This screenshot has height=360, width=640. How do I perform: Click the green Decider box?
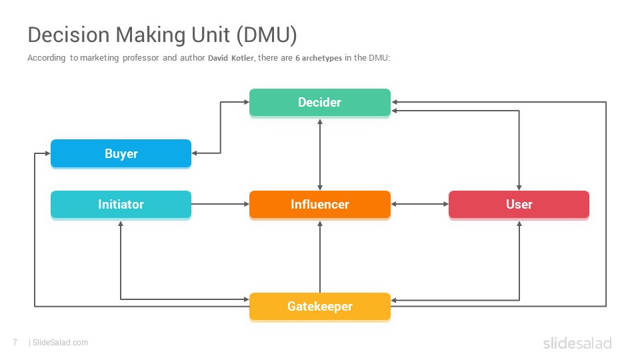[x=319, y=103]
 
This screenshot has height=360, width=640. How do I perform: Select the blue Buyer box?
[x=121, y=153]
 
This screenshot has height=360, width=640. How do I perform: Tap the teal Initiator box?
[x=121, y=205]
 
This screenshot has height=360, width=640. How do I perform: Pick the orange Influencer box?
[x=319, y=205]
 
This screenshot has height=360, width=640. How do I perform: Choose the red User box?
[x=519, y=205]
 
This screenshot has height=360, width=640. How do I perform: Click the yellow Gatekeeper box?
[x=319, y=307]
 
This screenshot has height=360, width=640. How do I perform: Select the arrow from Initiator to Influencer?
[x=221, y=204]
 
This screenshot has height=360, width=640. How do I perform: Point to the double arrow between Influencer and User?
[x=419, y=204]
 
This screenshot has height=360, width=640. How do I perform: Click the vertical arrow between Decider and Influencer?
[x=320, y=155]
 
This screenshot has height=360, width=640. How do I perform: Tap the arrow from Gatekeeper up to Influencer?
[x=320, y=257]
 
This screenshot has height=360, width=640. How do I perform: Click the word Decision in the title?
[x=69, y=35]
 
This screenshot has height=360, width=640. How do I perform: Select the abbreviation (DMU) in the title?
[x=267, y=35]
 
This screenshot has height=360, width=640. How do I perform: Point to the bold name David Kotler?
[x=231, y=58]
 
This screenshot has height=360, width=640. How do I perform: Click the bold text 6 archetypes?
[x=319, y=58]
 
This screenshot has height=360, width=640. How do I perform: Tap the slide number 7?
[x=15, y=343]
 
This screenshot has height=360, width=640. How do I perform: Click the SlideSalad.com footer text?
[x=61, y=343]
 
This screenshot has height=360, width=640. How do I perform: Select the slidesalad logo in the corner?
[x=577, y=343]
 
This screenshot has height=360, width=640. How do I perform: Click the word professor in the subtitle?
[x=141, y=58]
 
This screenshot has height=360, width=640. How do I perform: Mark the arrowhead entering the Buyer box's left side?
[x=47, y=153]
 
